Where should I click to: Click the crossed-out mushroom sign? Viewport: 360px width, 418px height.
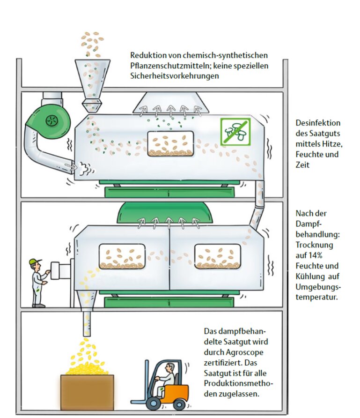pos(235,131)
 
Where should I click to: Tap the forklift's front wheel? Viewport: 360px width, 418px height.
pos(153,403)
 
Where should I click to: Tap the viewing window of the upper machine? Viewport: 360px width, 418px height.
pos(171,143)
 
